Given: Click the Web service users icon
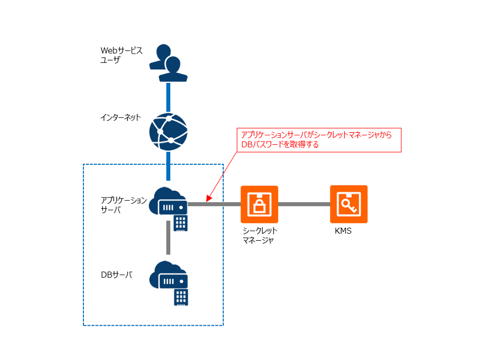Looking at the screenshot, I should pos(168,63).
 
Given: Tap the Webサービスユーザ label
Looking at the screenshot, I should pos(121,55).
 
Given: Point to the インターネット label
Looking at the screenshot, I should pos(121,117).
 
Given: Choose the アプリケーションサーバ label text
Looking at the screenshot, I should pos(124,204).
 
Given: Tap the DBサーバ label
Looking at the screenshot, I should pos(117,275).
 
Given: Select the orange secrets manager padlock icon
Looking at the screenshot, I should pos(259,204).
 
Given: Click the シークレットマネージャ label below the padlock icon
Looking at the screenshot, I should pos(259,235).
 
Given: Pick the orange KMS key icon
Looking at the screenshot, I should pos(348,204).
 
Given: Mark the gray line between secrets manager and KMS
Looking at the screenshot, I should pos(304,204).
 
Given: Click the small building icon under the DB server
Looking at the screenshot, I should pos(180,297).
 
